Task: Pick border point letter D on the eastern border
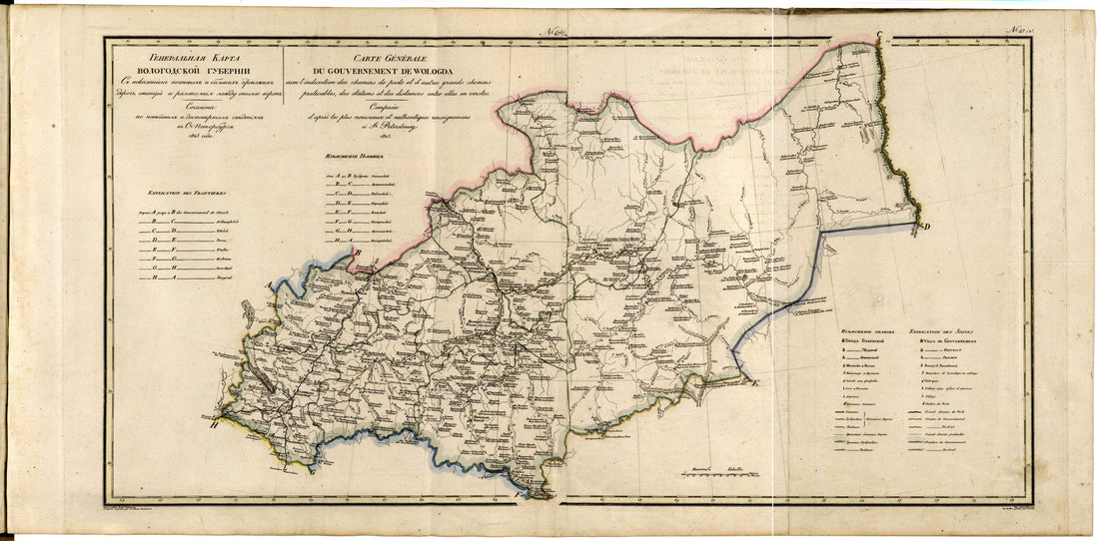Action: pyautogui.click(x=926, y=226)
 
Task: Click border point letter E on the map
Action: pyautogui.click(x=756, y=383)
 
